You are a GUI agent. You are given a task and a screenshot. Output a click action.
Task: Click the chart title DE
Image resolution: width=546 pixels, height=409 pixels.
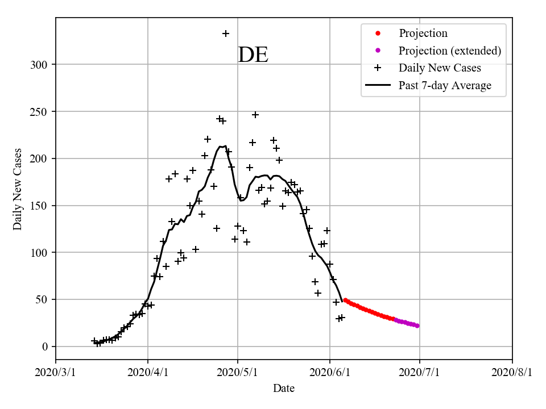253,55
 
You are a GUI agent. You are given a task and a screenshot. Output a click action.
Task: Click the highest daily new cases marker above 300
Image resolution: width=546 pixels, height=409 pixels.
226,34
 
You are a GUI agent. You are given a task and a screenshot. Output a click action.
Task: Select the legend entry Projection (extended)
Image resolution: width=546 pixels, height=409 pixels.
449,51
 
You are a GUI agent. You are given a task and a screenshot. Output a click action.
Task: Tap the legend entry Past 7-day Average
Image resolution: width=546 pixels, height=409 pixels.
445,86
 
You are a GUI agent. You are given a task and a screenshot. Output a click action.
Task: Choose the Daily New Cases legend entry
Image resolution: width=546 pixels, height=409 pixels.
440,68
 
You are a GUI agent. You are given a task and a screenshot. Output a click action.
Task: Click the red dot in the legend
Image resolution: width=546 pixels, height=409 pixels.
377,34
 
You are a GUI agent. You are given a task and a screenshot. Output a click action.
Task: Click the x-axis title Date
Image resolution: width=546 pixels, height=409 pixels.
284,389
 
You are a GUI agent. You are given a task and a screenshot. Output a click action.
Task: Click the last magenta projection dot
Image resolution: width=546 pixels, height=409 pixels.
417,325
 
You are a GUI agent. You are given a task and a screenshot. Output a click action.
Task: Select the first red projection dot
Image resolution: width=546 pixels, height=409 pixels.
345,300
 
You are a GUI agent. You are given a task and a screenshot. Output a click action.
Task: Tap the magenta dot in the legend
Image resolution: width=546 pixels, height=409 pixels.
377,51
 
